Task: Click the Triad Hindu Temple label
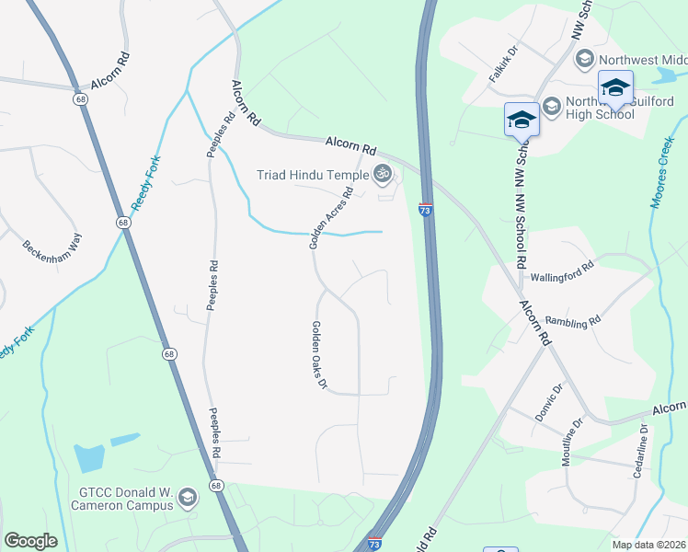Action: pyautogui.click(x=312, y=173)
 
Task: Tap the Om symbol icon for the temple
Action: pyautogui.click(x=382, y=173)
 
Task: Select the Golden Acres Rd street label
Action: pyautogui.click(x=331, y=219)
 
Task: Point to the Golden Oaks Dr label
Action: pyautogui.click(x=319, y=354)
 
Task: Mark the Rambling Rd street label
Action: pyautogui.click(x=572, y=321)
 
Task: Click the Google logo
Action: pyautogui.click(x=30, y=541)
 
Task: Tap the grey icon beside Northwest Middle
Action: pyautogui.click(x=583, y=60)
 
